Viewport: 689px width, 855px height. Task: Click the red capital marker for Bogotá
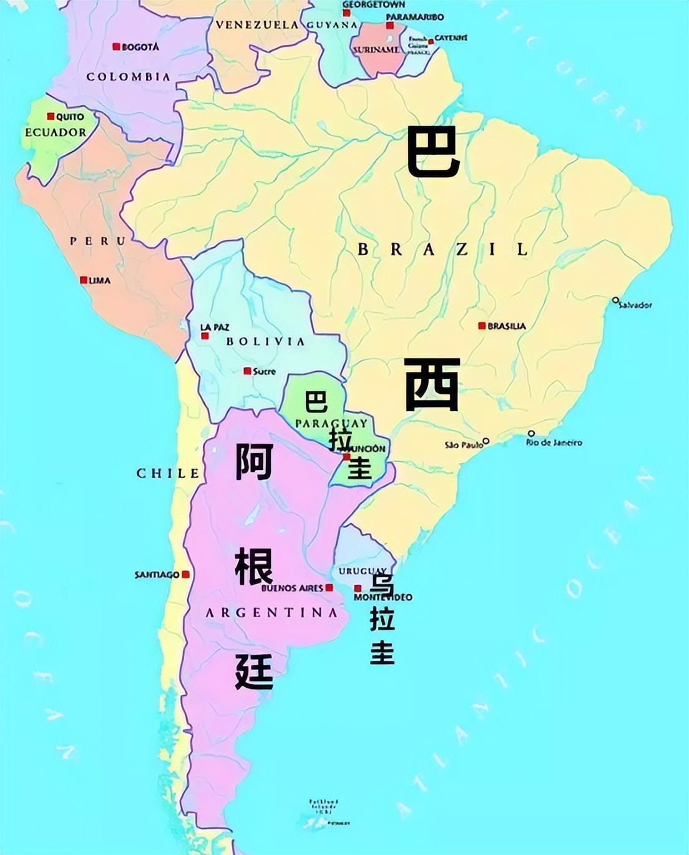click(x=116, y=47)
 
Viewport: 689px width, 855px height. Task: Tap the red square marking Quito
click(x=51, y=117)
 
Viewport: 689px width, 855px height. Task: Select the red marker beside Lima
click(x=84, y=280)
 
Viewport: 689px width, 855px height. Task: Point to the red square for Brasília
click(x=482, y=326)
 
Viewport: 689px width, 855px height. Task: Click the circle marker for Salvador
click(x=615, y=300)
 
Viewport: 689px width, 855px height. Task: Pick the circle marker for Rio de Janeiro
click(x=531, y=433)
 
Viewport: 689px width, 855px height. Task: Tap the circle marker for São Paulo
click(x=486, y=441)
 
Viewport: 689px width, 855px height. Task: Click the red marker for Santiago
click(x=185, y=574)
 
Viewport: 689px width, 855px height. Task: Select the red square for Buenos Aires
click(x=330, y=588)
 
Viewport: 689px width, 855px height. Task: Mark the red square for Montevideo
click(x=358, y=589)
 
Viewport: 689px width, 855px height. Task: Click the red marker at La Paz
click(x=205, y=336)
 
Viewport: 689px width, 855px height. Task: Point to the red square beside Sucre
click(x=247, y=371)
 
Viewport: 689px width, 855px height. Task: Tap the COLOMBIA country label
click(x=128, y=77)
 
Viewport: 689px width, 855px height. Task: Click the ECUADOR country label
click(x=56, y=132)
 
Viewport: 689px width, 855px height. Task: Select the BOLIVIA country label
click(x=265, y=341)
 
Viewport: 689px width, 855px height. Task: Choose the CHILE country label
click(x=168, y=473)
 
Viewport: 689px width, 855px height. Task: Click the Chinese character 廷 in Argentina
click(x=255, y=671)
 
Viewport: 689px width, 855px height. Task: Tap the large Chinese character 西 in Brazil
click(x=432, y=384)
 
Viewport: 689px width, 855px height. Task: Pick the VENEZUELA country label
click(x=257, y=25)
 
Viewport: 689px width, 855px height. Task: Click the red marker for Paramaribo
click(x=390, y=26)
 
